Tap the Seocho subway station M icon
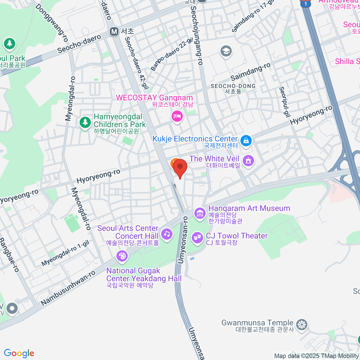(114, 31)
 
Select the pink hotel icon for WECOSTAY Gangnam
(177, 116)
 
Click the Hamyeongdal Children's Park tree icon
(85, 122)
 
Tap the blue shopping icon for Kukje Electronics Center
(246, 140)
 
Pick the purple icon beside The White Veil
(248, 160)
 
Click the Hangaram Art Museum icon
(199, 213)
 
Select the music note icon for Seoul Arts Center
(166, 234)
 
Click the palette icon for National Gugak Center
(122, 256)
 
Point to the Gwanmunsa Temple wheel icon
(301, 325)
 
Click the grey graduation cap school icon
(226, 51)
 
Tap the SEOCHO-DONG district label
(233, 86)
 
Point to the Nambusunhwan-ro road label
(68, 288)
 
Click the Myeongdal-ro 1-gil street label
(65, 253)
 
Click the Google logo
(19, 353)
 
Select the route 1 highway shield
(305, 4)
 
